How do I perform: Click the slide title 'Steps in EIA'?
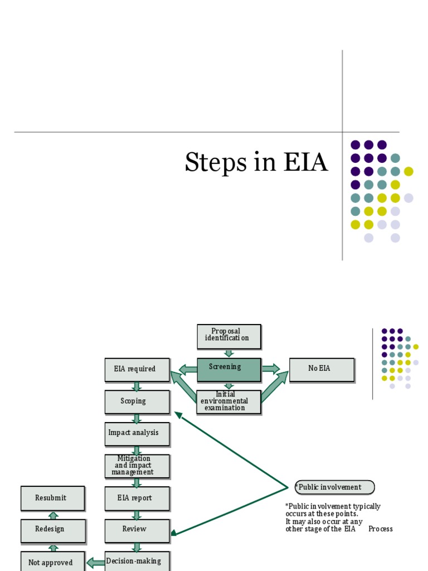pos(256,162)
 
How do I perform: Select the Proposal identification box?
pos(228,336)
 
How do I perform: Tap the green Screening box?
pos(228,369)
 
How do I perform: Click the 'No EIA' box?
pos(322,369)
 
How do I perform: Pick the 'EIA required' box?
pos(137,370)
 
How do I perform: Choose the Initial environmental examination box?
pos(228,401)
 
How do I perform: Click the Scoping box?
pos(137,401)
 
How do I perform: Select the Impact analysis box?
pos(137,433)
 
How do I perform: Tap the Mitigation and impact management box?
pos(137,466)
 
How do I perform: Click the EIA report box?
pos(137,498)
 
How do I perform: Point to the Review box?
pos(137,530)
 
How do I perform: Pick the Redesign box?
pos(53,530)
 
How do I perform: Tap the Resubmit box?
pos(53,498)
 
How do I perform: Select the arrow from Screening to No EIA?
pos(271,369)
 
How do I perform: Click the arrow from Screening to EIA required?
pos(188,369)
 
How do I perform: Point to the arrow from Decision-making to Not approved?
pos(96,563)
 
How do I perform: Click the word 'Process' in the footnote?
pos(380,529)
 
